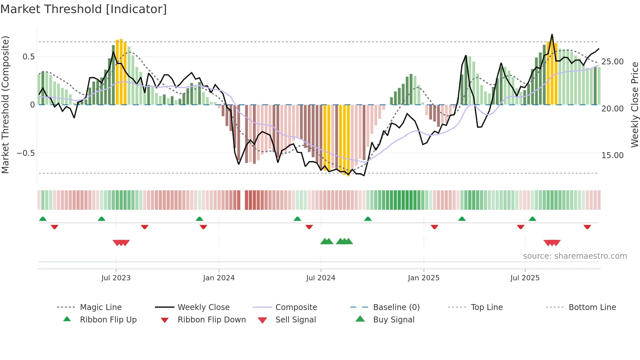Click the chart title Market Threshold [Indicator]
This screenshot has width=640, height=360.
coord(84,9)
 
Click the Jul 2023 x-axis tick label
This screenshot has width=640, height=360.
coord(116,278)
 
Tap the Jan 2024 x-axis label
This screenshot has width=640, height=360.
coord(219,278)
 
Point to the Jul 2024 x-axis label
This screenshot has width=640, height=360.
coord(321,278)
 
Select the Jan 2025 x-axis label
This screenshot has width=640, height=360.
coord(424,278)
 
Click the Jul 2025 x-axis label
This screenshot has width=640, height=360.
coord(525,278)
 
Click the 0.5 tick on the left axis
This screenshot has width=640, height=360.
coord(28,57)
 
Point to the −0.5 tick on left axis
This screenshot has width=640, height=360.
coord(25,153)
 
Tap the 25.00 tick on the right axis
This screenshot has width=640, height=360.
coord(612,62)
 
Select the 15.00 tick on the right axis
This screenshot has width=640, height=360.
coord(612,155)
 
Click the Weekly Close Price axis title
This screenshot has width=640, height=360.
coord(634,105)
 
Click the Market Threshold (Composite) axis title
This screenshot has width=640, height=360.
coord(5,105)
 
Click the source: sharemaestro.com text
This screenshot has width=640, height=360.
coord(575,256)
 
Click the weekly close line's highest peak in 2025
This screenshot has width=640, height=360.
coord(552,34)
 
